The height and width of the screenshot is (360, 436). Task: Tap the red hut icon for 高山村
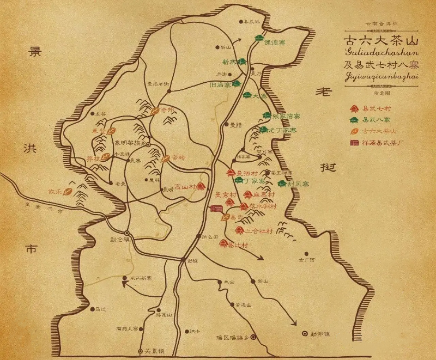pos(201,187)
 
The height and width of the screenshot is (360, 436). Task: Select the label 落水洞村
pos(263,206)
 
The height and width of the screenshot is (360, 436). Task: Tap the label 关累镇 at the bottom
pos(153,351)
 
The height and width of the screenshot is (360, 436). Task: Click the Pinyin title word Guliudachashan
pos(381,52)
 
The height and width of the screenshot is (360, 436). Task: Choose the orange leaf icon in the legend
pos(355,131)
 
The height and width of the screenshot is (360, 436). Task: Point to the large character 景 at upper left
pos(37,53)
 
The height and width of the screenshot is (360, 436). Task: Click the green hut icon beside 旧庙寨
pos(236,84)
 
